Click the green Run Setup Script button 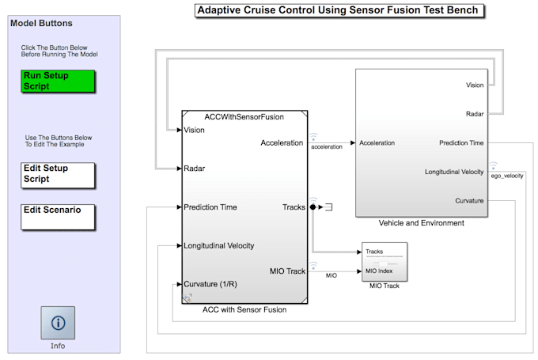pos(59,81)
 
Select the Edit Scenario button pos(59,216)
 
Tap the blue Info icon pos(58,323)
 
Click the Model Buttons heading pos(40,23)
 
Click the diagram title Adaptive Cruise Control pos(339,10)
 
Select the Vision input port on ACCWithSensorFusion pos(195,131)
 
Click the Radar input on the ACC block pos(195,169)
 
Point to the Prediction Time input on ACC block pos(210,207)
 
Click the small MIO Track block pos(385,261)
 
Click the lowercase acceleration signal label pos(327,147)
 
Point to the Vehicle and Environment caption pos(421,223)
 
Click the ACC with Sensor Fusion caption pos(244,309)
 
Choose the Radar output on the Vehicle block pos(475,114)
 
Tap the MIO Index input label pos(381,271)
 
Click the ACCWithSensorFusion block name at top pos(244,116)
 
